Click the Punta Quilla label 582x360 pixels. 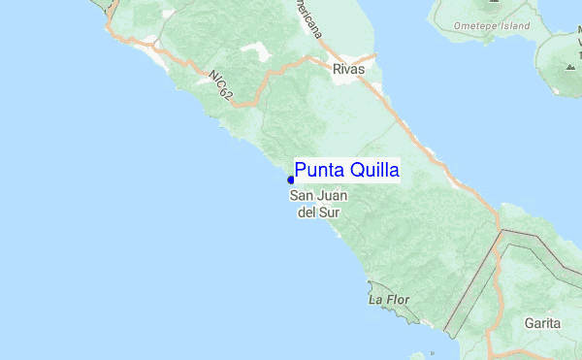346,171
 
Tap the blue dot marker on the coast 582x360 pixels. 290,179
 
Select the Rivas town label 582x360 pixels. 347,70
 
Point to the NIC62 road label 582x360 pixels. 219,84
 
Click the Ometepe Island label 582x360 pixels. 482,25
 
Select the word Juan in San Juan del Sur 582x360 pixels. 330,196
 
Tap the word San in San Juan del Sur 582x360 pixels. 302,196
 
